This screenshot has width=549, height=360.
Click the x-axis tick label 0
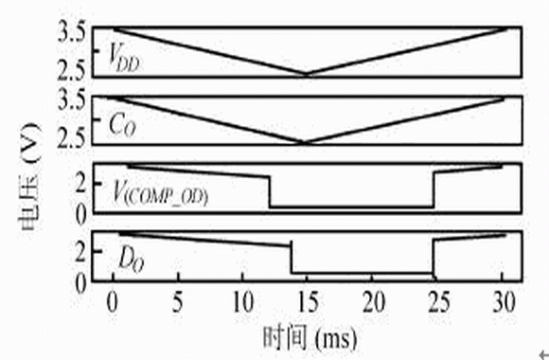(112, 302)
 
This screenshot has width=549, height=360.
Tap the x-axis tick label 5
(178, 302)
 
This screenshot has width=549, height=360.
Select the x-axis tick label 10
(243, 302)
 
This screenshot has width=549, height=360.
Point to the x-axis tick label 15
(309, 302)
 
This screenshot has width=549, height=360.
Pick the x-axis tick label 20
(374, 302)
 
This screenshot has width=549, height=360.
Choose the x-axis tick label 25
(439, 302)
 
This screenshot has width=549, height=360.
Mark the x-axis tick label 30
(505, 302)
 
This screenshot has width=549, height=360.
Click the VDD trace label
(124, 57)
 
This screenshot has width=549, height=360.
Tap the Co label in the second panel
(122, 126)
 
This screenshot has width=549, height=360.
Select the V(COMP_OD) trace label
(161, 194)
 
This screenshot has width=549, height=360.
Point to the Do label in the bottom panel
(132, 261)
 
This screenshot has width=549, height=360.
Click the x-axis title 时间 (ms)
(310, 338)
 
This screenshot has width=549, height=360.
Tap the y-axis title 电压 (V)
(29, 176)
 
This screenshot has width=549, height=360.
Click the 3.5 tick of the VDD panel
(71, 34)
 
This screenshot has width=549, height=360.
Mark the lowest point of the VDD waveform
(307, 74)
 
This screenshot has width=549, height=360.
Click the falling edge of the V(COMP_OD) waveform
(270, 192)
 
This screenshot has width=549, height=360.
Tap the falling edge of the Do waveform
(291, 258)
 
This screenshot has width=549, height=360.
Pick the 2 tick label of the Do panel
(80, 251)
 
